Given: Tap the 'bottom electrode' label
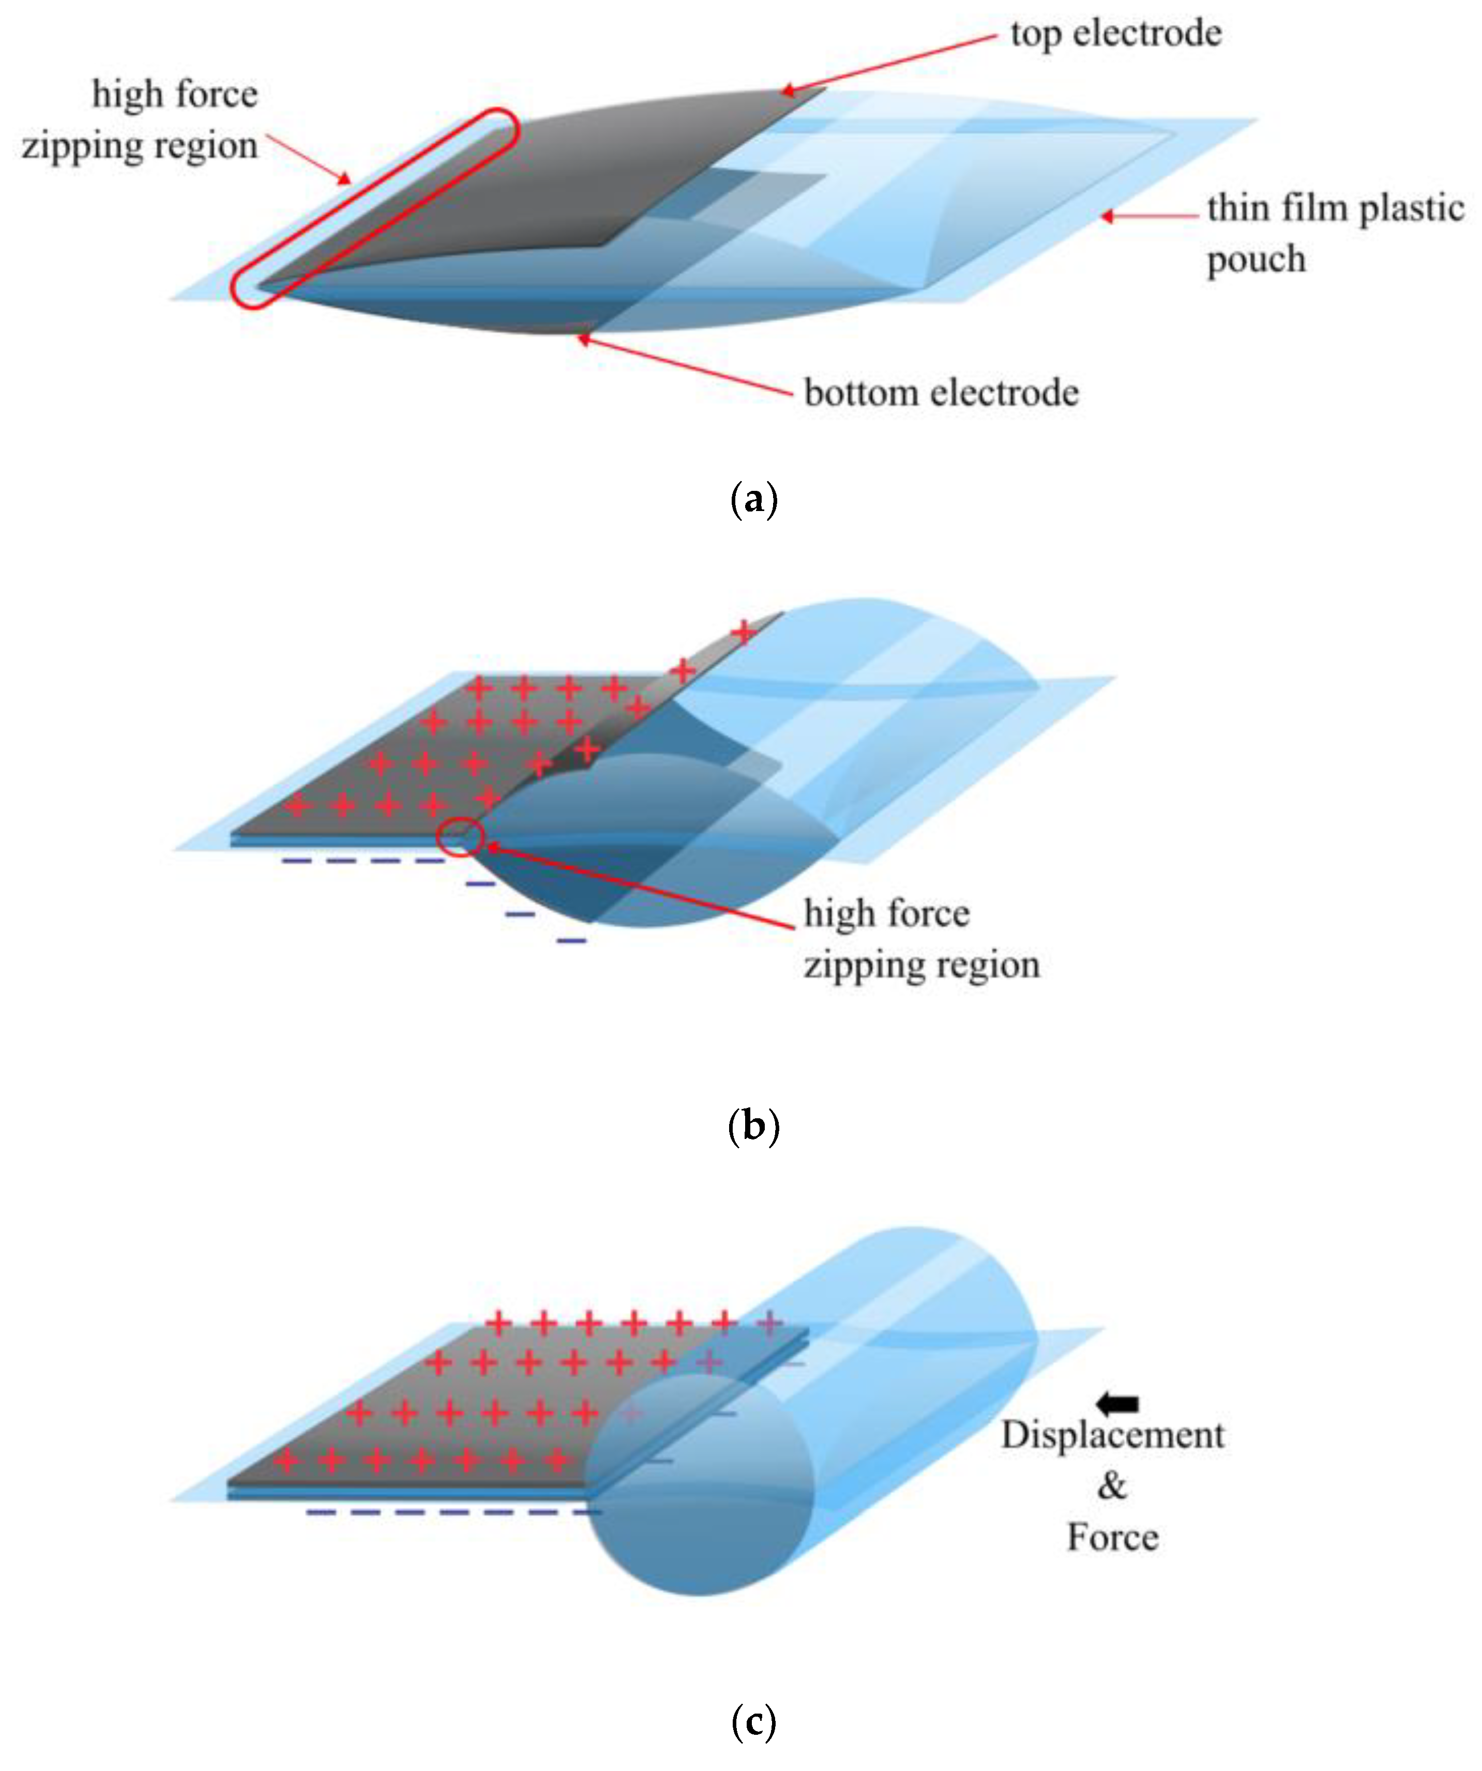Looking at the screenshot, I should click(941, 393).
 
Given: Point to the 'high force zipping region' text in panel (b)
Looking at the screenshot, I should click(921, 939).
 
